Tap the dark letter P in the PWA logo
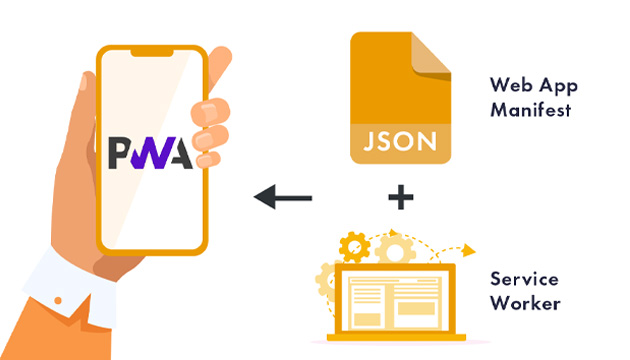tap(119, 149)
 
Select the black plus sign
tap(400, 196)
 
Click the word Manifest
tap(530, 110)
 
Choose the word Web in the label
tap(507, 86)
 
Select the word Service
tap(524, 278)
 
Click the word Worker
tap(523, 302)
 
